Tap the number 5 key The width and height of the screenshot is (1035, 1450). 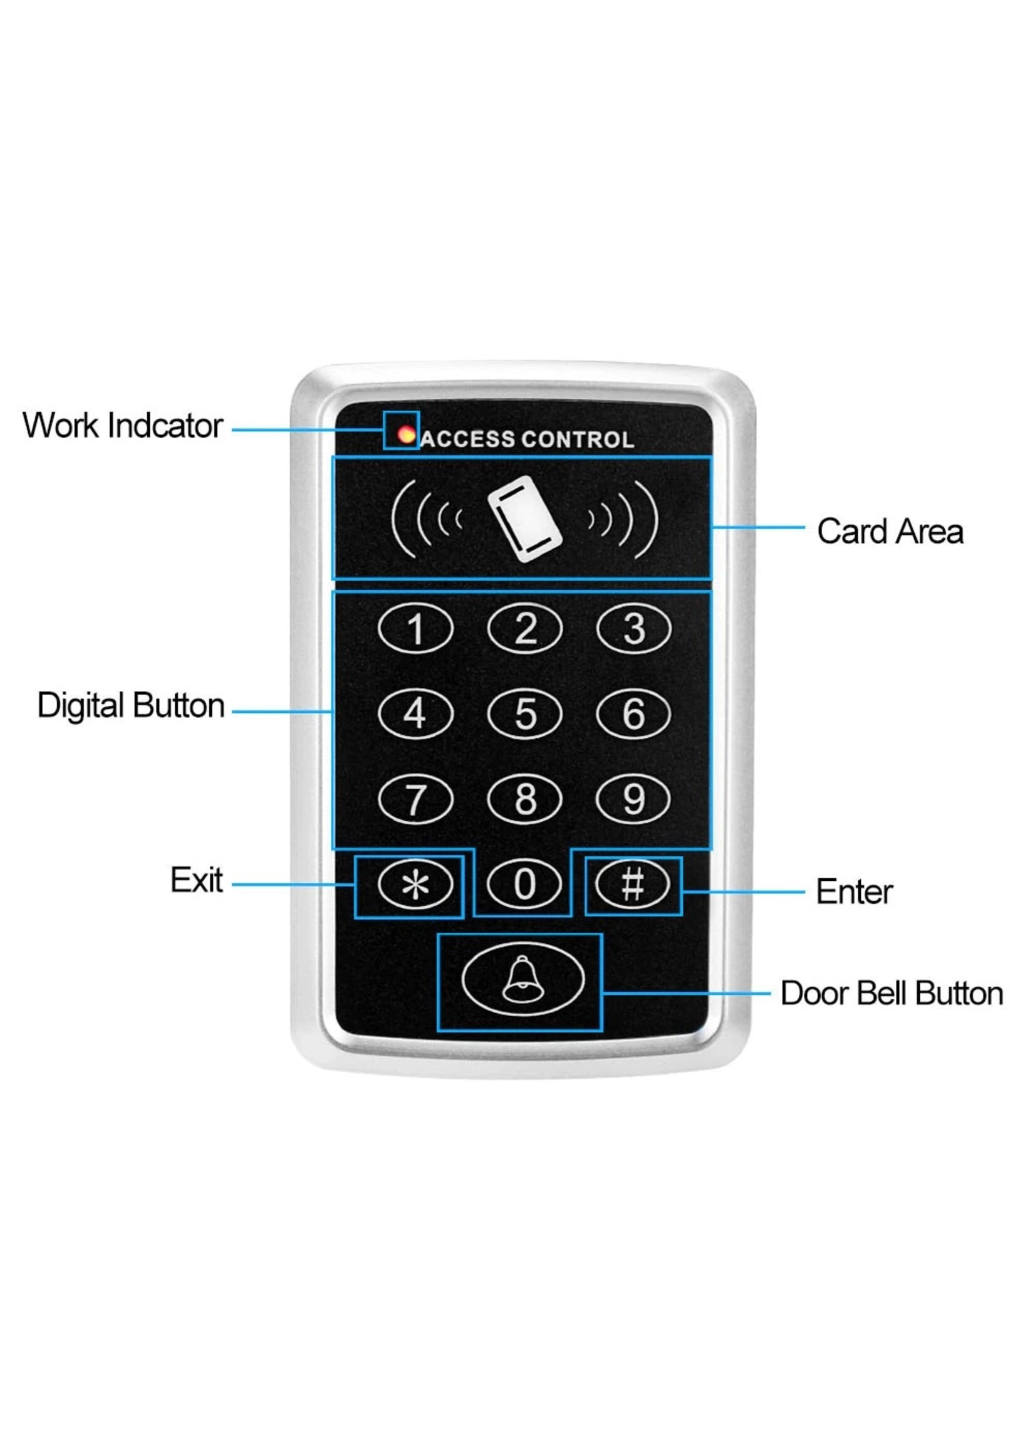[x=524, y=713]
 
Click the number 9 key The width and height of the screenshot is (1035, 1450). [x=633, y=798]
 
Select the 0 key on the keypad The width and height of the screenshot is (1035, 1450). [x=524, y=884]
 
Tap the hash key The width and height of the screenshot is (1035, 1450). [x=633, y=884]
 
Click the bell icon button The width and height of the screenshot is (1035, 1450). [x=523, y=979]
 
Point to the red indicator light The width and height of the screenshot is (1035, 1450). [x=406, y=436]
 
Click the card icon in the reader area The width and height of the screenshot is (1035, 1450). [x=524, y=520]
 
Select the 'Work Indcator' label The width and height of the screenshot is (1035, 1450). [x=122, y=425]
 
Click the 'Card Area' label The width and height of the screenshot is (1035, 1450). [x=890, y=532]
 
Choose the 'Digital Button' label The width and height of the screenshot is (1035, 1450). [x=132, y=706]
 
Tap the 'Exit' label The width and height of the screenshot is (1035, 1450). [x=196, y=881]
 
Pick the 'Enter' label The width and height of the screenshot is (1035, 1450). [x=855, y=891]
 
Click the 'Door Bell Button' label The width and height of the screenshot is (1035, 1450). [x=892, y=994]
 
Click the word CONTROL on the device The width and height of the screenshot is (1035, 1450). [x=578, y=440]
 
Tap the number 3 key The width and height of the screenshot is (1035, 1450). [x=633, y=629]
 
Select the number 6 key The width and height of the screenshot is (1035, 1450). [x=633, y=713]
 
